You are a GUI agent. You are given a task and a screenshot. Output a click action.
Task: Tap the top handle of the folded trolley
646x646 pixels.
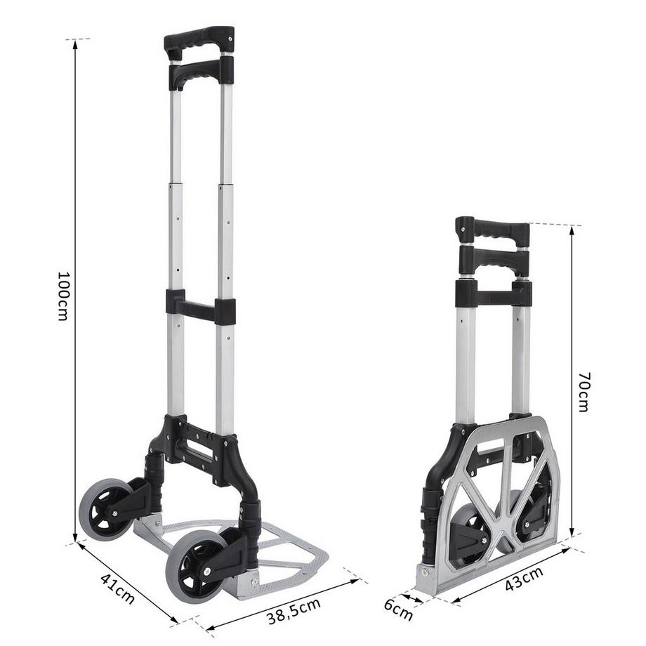coord(492,229)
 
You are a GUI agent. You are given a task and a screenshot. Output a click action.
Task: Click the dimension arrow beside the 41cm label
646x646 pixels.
coord(126,580)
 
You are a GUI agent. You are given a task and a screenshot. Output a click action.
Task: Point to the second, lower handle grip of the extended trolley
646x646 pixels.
coord(199,71)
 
